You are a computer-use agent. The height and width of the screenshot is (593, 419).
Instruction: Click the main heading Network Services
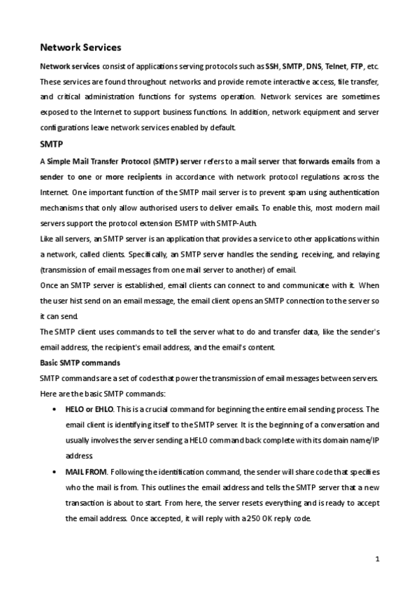(80, 48)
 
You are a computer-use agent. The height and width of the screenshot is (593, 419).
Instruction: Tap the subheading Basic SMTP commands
(80, 364)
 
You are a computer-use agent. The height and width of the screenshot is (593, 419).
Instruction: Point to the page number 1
(377, 558)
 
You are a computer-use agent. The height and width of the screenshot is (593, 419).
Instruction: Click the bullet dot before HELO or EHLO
(55, 410)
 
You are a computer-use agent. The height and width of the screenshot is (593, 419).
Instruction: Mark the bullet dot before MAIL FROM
(55, 473)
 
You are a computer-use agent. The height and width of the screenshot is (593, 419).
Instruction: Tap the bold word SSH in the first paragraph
(272, 66)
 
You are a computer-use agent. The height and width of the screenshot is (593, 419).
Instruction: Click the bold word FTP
(357, 66)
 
